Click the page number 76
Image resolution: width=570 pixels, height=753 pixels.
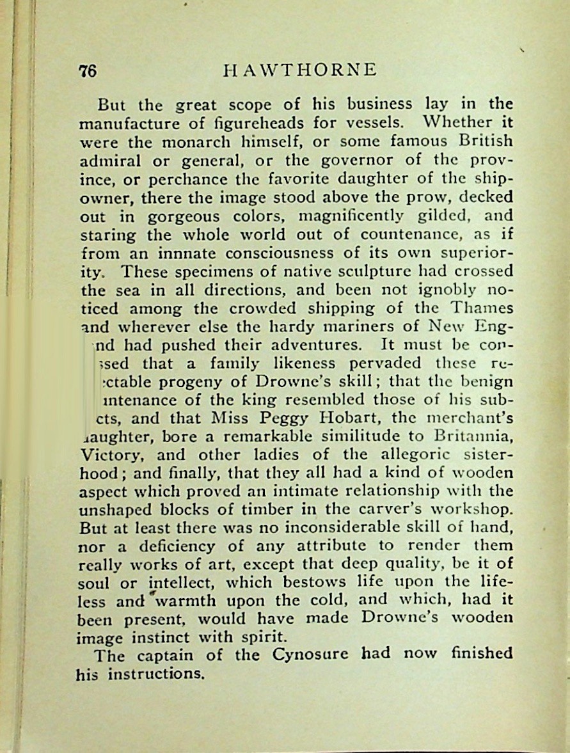coord(88,70)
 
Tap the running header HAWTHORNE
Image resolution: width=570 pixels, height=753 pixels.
coord(299,70)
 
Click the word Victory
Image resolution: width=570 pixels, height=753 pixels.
coord(110,456)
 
